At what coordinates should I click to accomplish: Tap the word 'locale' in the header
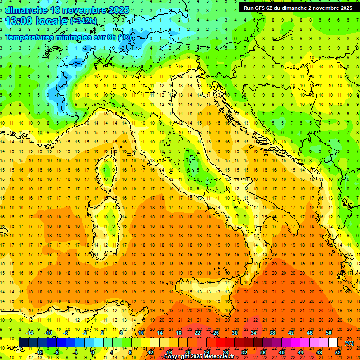[53, 21]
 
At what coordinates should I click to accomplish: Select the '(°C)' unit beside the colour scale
[349, 343]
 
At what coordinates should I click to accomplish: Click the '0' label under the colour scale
[93, 352]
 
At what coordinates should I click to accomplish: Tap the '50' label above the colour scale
[328, 333]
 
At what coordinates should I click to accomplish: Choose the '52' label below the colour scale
[337, 352]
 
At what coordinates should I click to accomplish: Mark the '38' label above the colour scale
[272, 333]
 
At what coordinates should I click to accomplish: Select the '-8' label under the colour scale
[57, 352]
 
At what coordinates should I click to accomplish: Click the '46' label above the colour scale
[309, 333]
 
